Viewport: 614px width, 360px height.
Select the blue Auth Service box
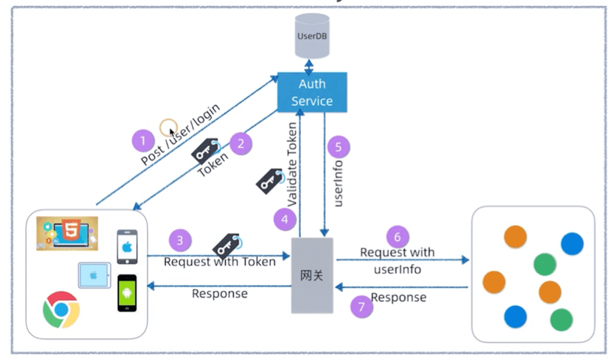pos(312,91)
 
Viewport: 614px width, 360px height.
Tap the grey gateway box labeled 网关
pos(312,274)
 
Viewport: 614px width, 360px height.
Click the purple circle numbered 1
pos(143,140)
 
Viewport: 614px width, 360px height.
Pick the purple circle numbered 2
pos(240,142)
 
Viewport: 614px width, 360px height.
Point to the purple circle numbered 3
pos(179,240)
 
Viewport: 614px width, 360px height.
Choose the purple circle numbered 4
pos(284,219)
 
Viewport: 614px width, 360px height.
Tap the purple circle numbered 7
pos(362,307)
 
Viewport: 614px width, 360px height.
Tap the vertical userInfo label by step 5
pos(339,184)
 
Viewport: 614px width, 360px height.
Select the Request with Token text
pos(219,262)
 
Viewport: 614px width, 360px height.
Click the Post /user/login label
pos(181,134)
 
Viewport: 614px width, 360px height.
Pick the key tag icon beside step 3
pos(226,245)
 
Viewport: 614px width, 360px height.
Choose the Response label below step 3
pos(219,293)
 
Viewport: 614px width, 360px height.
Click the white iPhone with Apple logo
pos(128,246)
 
